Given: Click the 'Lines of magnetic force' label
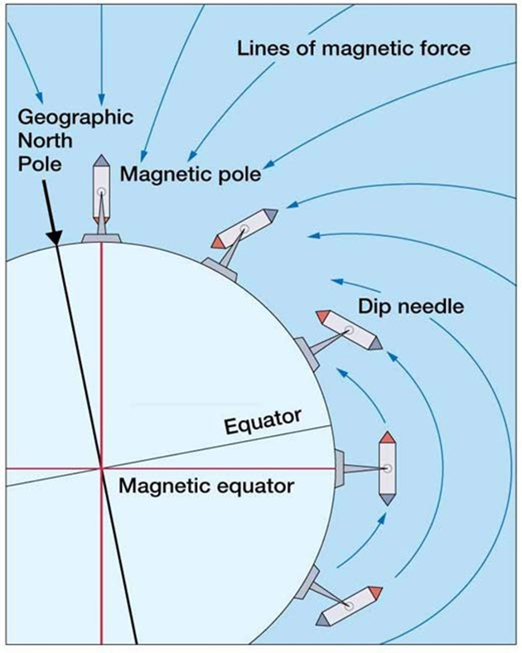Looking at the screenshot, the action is pos(354,48).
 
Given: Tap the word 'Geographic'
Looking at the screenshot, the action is pos(75,118).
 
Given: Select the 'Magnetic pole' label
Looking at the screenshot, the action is pos(191,174).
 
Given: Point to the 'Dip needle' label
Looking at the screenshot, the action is pos(411,307).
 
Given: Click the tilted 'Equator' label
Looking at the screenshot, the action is pos(263,421).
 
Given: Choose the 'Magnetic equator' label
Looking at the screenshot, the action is pos(206,486).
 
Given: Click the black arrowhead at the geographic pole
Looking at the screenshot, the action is pos(54,236).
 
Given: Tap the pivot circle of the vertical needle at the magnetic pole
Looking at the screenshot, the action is pos(101,192).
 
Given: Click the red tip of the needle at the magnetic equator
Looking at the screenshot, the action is pos(387,437).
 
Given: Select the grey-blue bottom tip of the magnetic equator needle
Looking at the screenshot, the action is pos(387,500).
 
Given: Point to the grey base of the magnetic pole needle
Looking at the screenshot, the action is pos(101,238).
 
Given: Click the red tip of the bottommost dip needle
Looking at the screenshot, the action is pos(375,593).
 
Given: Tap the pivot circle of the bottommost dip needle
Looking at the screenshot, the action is pos(350,606).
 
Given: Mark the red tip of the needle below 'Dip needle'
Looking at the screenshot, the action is pos(323,316).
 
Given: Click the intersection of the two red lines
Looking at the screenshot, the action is pos(101,468).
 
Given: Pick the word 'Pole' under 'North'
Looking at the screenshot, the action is pos(40,164).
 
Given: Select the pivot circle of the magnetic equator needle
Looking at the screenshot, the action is pos(388,468).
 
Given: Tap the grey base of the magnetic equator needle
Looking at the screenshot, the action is pos(340,468).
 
